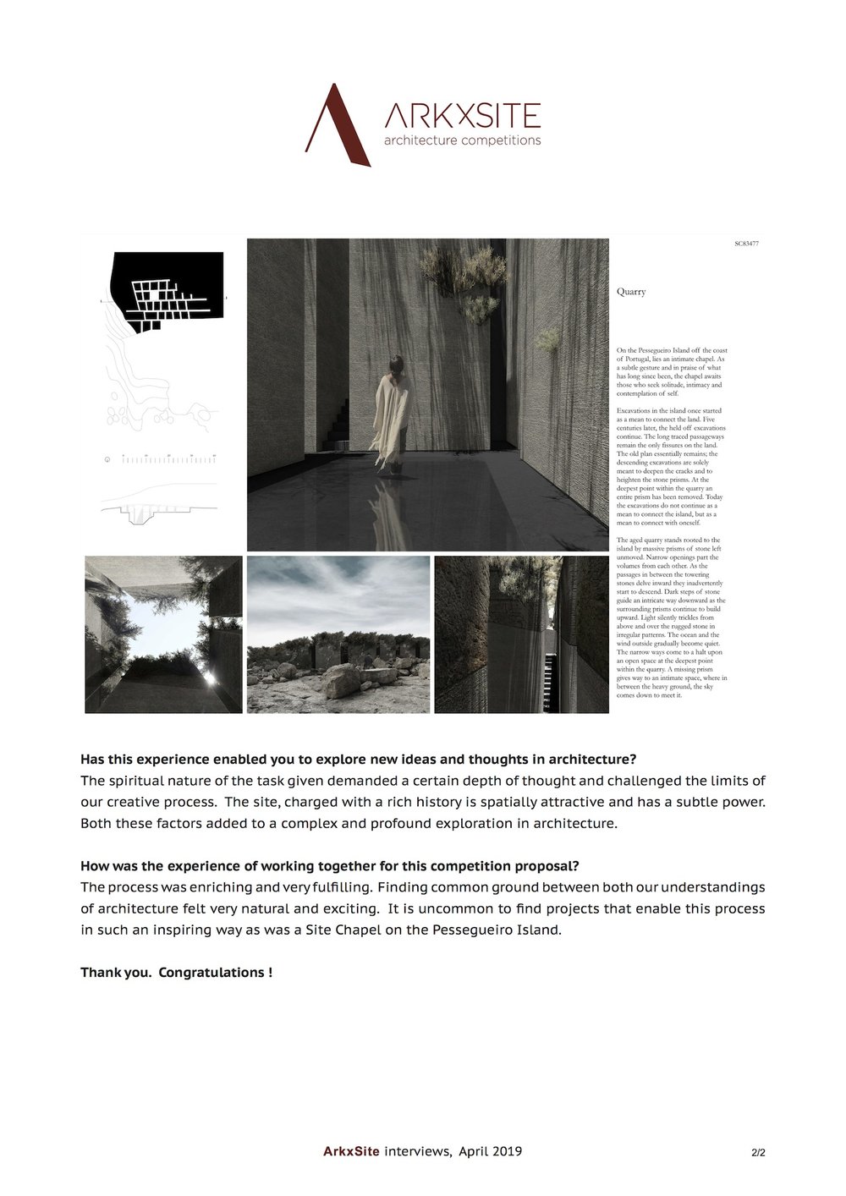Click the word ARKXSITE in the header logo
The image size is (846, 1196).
point(462,117)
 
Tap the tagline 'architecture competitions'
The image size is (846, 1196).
point(462,140)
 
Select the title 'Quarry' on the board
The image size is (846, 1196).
point(631,292)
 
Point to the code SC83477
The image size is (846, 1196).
point(747,244)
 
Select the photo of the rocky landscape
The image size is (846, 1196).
point(338,634)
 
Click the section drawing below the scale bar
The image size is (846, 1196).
point(157,508)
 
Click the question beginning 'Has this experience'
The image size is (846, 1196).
point(358,759)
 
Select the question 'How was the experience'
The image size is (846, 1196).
point(329,866)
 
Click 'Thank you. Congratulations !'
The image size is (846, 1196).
point(176,973)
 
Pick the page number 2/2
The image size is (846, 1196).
point(757,1152)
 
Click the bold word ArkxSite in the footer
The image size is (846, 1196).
point(351,1151)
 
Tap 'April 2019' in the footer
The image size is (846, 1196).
point(490,1151)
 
